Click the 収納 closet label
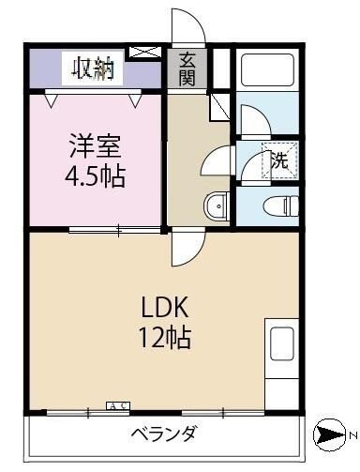(92, 68)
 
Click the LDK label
(166, 307)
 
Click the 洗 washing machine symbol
(279, 160)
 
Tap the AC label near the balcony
(118, 405)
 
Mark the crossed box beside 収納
(143, 53)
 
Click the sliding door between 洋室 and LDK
(117, 228)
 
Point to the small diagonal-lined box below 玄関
(218, 104)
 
